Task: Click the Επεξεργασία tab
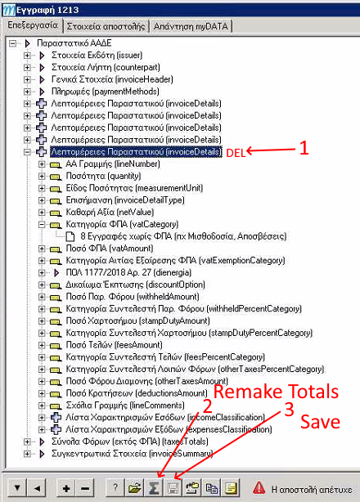[x=33, y=25]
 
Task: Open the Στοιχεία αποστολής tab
[x=106, y=26]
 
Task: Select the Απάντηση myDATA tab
[x=191, y=26]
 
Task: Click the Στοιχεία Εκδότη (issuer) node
[x=97, y=55]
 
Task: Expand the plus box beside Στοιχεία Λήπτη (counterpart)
[x=27, y=68]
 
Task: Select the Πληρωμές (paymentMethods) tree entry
[x=106, y=92]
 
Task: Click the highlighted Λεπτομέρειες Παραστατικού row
[x=136, y=151]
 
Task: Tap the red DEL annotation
[x=236, y=153]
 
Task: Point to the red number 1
[x=304, y=148]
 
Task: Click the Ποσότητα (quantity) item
[x=103, y=176]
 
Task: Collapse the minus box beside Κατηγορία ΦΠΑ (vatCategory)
[x=42, y=224]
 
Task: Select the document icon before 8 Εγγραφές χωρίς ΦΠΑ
[x=70, y=236]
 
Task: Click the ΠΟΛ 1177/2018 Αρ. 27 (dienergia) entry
[x=128, y=273]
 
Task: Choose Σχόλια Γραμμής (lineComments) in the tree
[x=125, y=406]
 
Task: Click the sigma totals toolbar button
[x=154, y=488]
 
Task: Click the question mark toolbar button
[x=115, y=488]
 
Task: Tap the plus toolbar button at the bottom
[x=66, y=488]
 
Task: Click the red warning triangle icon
[x=259, y=488]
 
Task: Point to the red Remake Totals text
[x=276, y=392]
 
